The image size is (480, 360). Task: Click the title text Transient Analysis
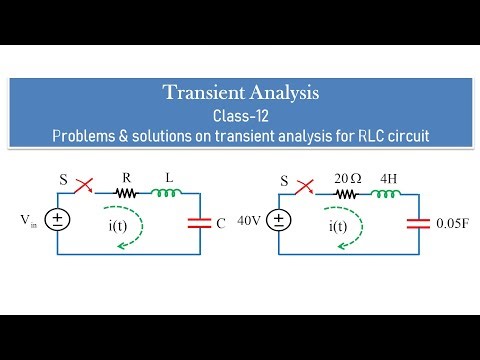[x=242, y=93]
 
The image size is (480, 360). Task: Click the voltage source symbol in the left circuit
[x=61, y=220]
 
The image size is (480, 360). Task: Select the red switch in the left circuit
[x=87, y=185]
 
